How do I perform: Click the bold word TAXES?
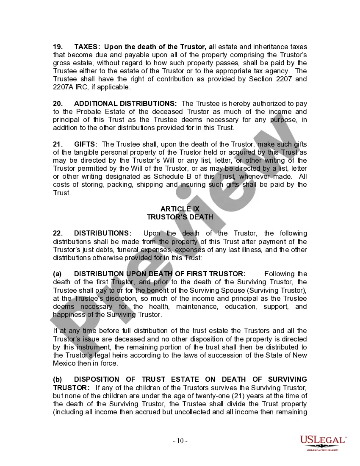[87, 47]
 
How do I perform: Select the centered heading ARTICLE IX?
[180, 209]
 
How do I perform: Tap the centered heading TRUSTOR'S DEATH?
[180, 217]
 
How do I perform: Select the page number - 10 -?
[180, 441]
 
